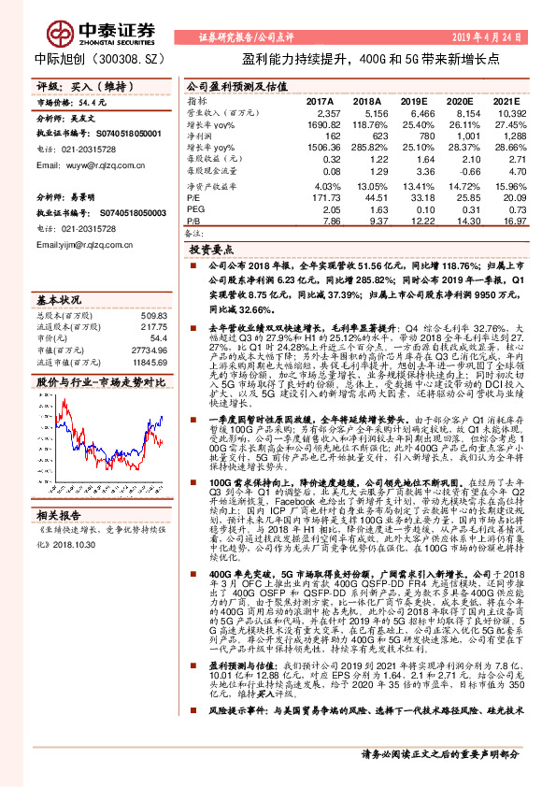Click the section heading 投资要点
[211, 250]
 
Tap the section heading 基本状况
[59, 300]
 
